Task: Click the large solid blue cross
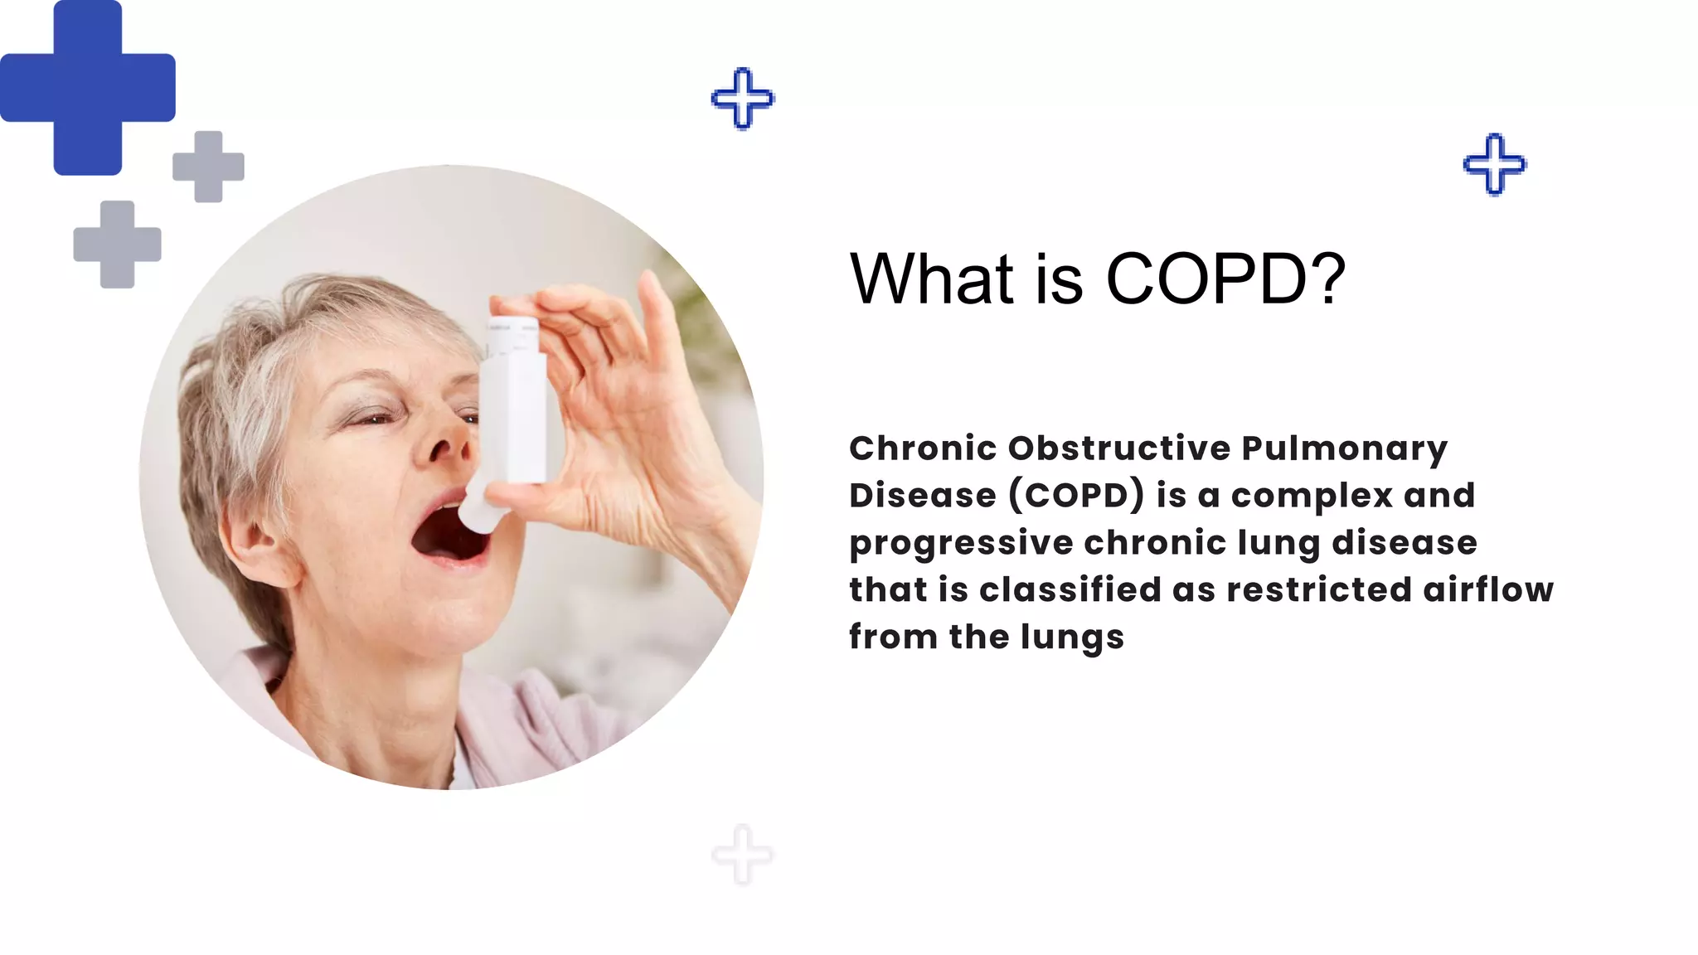[87, 87]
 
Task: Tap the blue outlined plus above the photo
[743, 99]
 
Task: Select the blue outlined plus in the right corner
[1494, 164]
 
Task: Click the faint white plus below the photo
[743, 855]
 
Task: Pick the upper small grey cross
[208, 167]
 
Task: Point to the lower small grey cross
[117, 245]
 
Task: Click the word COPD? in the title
[1225, 279]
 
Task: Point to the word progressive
[961, 544]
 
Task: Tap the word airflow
[1488, 589]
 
